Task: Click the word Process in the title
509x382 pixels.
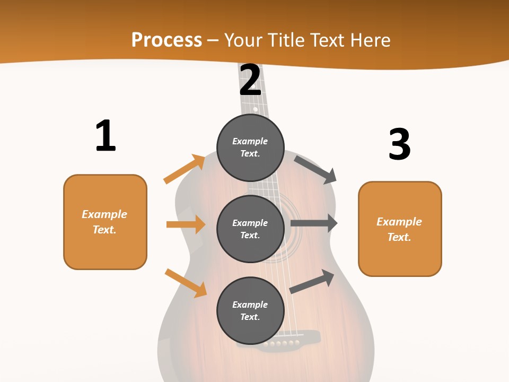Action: [166, 40]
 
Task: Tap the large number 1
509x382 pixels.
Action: [106, 136]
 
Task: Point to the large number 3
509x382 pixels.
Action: [399, 144]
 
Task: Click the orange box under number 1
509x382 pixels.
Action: [105, 222]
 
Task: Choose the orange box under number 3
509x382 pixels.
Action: [400, 229]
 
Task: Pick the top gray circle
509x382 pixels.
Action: [250, 147]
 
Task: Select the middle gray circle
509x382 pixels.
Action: [250, 229]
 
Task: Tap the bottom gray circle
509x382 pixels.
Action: [250, 310]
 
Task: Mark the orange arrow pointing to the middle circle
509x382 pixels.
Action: [186, 224]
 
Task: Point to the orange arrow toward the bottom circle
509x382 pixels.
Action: [186, 282]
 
